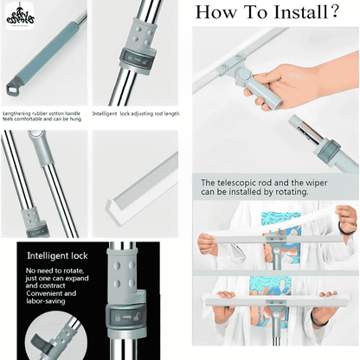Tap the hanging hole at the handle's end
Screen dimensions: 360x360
click(13, 91)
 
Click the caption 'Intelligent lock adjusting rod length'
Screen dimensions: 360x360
click(136, 112)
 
